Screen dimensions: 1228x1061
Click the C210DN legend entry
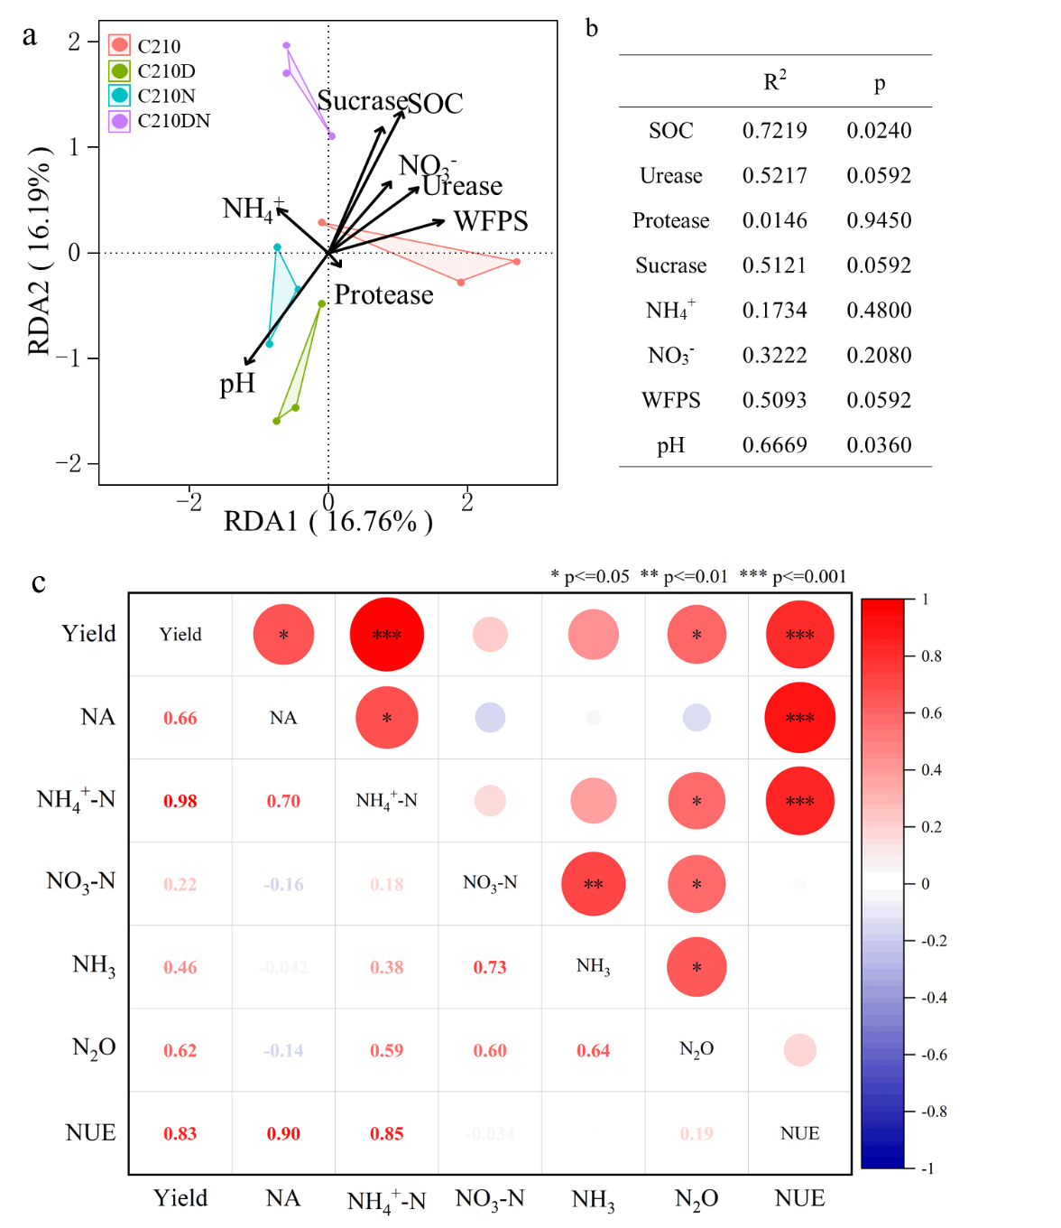[x=173, y=121]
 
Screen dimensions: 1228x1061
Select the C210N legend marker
[x=119, y=95]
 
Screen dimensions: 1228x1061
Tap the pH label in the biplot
[x=237, y=384]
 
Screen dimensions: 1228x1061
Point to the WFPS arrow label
[x=491, y=221]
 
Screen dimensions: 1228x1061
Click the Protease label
[x=383, y=295]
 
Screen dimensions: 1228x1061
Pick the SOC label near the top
[x=436, y=104]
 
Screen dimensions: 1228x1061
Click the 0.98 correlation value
[x=180, y=801]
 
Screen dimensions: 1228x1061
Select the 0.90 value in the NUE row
[x=283, y=1133]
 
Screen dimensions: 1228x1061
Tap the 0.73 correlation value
[x=490, y=967]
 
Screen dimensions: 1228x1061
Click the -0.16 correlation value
[x=283, y=884]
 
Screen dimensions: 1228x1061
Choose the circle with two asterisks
[x=593, y=884]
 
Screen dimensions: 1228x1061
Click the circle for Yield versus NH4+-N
[x=387, y=635]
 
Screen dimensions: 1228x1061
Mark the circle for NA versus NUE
[x=799, y=718]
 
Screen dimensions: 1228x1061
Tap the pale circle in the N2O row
[x=799, y=1050]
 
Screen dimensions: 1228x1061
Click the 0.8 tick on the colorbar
[x=931, y=656]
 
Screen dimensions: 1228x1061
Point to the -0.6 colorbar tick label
[x=933, y=1055]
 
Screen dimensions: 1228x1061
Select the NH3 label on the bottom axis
[x=593, y=1199]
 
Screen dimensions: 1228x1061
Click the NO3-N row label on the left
[x=81, y=882]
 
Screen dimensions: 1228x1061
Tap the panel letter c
[x=39, y=583]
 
